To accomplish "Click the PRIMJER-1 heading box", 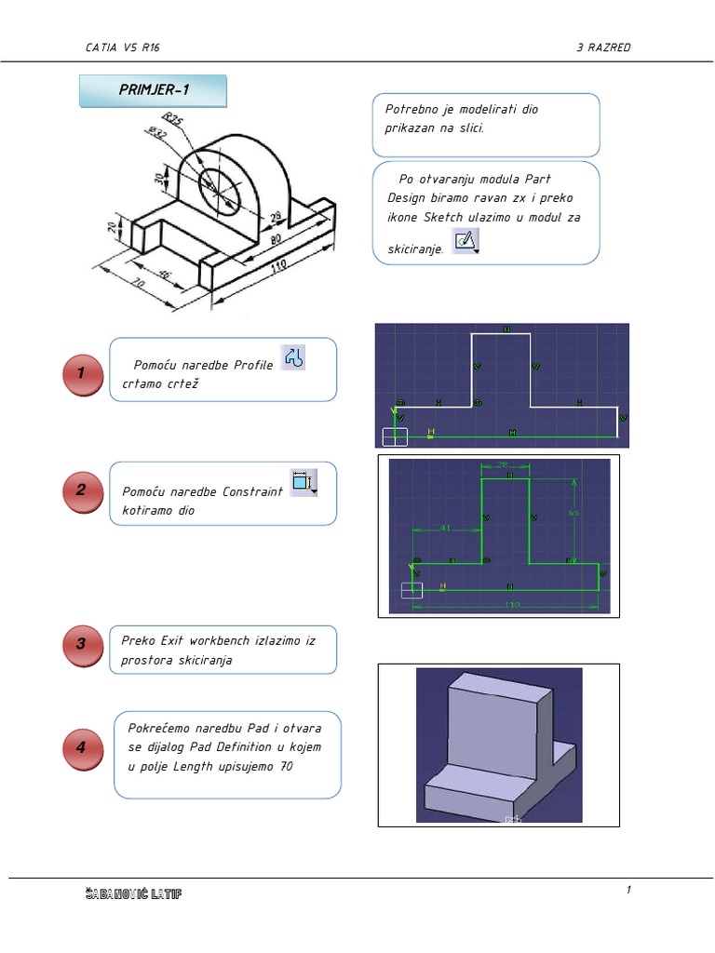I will click(x=153, y=90).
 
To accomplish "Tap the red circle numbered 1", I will click(x=81, y=372).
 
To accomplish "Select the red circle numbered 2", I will click(x=81, y=491).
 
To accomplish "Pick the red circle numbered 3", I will click(x=81, y=644).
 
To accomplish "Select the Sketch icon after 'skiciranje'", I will click(x=465, y=242).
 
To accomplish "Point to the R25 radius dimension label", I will click(x=171, y=120).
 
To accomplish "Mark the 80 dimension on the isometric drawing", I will click(x=277, y=240).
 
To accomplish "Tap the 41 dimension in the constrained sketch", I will click(x=445, y=528).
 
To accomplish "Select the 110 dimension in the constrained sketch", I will click(x=511, y=604).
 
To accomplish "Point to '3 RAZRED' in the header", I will click(x=603, y=47).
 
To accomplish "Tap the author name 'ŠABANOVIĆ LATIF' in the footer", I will click(x=132, y=894).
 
